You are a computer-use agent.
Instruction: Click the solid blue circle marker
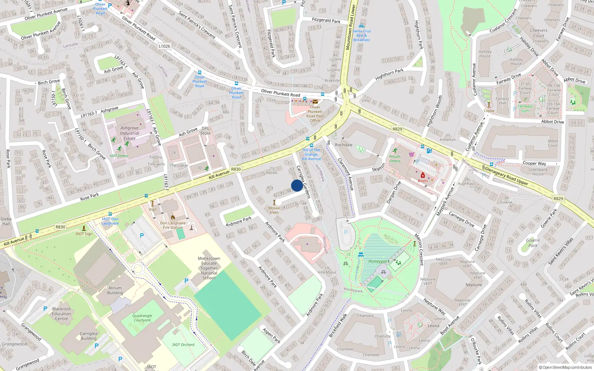[x=297, y=185]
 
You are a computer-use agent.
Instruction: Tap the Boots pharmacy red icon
[x=422, y=175]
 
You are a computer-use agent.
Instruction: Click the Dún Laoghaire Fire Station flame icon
[x=173, y=217]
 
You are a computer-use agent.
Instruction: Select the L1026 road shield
[x=164, y=46]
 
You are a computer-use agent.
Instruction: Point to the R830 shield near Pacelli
[x=236, y=169]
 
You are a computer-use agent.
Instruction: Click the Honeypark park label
[x=379, y=261]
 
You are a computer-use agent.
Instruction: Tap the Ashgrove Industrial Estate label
[x=130, y=133]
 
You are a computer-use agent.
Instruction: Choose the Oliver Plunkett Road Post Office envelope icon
[x=315, y=102]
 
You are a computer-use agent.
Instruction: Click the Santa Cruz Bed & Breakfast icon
[x=362, y=26]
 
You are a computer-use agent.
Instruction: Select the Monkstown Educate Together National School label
[x=209, y=268]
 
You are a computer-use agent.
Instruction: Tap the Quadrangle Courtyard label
[x=142, y=318]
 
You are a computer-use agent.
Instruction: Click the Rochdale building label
[x=344, y=145]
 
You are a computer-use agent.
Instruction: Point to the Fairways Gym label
[x=525, y=108]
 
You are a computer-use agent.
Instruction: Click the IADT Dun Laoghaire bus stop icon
[x=110, y=214]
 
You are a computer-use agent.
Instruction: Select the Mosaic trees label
[x=274, y=210]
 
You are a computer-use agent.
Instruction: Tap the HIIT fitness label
[x=119, y=156]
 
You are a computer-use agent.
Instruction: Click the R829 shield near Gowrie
[x=558, y=198]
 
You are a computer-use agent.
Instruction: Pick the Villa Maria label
[x=327, y=272]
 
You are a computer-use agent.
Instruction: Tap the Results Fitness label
[x=395, y=159]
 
